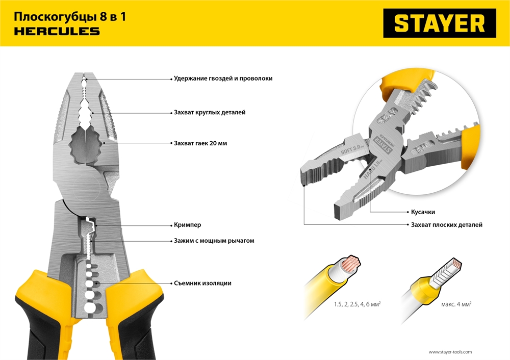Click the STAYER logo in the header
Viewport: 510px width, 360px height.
pyautogui.click(x=440, y=23)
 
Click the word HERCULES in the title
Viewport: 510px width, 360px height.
pyautogui.click(x=57, y=32)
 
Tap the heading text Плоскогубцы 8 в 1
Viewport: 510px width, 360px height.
pyautogui.click(x=70, y=17)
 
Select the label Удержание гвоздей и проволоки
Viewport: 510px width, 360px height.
pyautogui.click(x=223, y=79)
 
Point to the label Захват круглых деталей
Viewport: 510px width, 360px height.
pyautogui.click(x=209, y=112)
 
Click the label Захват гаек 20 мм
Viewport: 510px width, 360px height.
pyautogui.click(x=200, y=144)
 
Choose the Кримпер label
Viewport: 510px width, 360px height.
pyautogui.click(x=187, y=224)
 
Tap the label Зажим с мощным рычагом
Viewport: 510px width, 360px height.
pyautogui.click(x=214, y=241)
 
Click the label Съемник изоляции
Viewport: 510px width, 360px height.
pyautogui.click(x=202, y=283)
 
